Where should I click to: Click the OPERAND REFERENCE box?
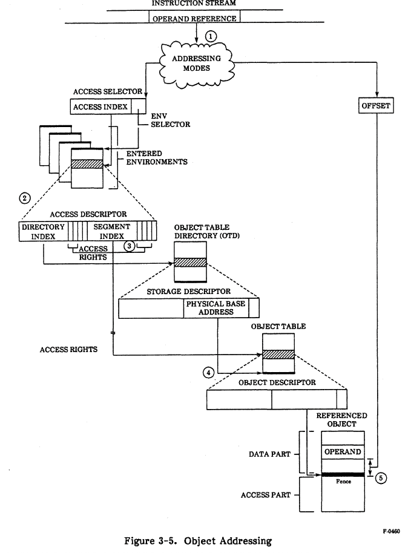(x=194, y=17)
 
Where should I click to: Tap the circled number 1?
(x=210, y=36)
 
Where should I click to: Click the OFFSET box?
(x=376, y=106)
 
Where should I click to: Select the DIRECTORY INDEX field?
(x=43, y=231)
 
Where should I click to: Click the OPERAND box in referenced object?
(x=343, y=452)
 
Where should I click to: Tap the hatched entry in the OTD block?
(x=190, y=263)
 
